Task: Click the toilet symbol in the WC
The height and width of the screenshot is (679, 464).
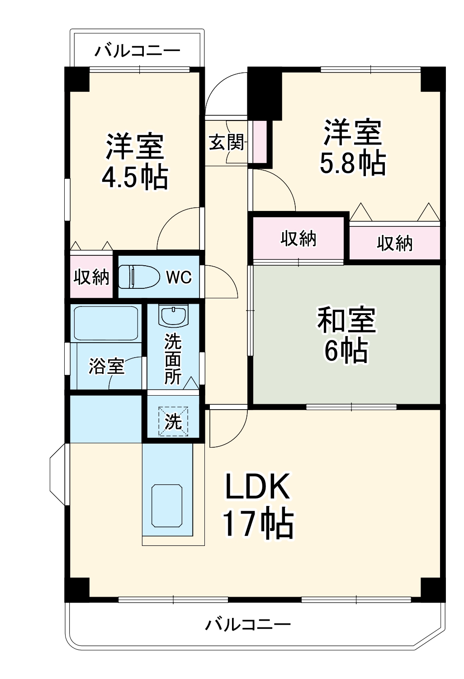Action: click(x=139, y=277)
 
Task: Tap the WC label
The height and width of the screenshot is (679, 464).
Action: click(x=179, y=277)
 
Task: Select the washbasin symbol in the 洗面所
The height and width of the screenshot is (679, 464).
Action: click(x=173, y=316)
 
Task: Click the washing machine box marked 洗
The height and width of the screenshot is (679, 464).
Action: click(x=173, y=421)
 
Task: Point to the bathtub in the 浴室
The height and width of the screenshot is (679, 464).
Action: click(x=106, y=323)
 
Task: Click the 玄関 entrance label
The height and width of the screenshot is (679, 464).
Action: click(x=226, y=143)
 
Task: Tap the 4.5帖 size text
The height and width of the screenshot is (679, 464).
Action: click(x=134, y=177)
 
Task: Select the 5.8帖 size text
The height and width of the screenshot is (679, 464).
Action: click(x=353, y=163)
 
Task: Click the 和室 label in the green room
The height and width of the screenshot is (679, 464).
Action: click(x=346, y=320)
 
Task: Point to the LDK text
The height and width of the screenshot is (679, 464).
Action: click(x=257, y=487)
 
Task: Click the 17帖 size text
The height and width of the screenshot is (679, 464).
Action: click(x=257, y=524)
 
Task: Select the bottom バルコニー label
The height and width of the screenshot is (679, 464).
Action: click(x=248, y=625)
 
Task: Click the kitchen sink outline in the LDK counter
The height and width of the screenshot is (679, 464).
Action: click(x=167, y=506)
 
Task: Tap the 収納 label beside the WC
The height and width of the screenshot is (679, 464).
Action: click(x=92, y=277)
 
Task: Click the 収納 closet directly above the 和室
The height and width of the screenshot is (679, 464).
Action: click(x=298, y=239)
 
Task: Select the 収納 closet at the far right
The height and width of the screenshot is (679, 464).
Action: click(x=394, y=244)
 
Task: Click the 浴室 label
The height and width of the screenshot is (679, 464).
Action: click(x=106, y=366)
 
